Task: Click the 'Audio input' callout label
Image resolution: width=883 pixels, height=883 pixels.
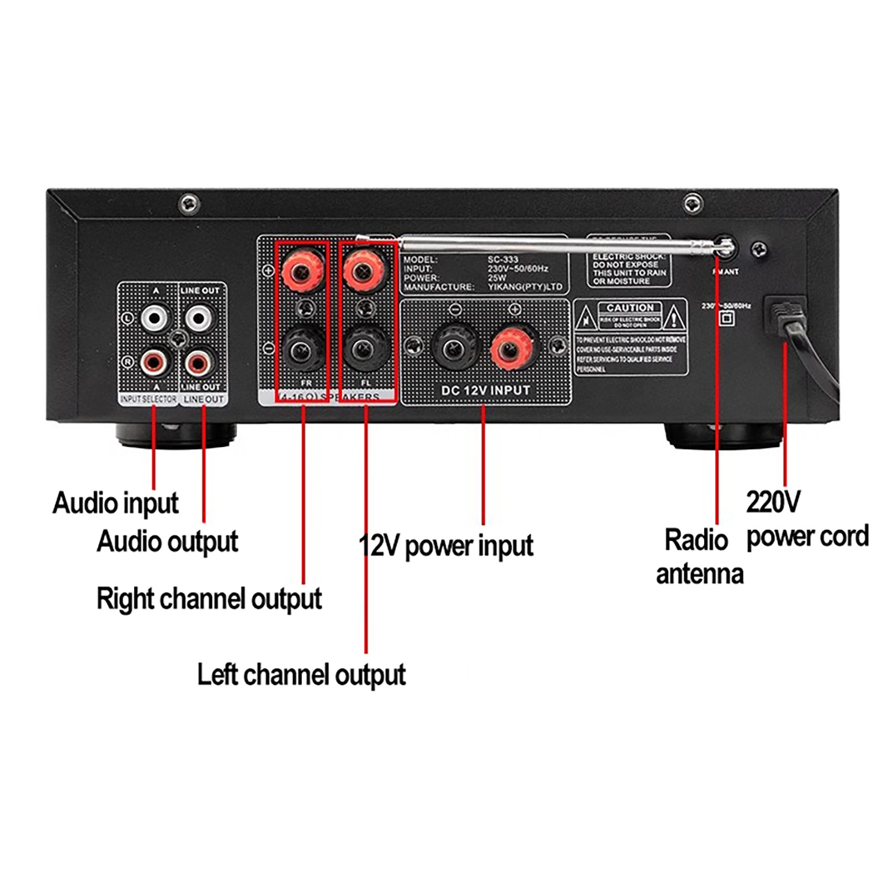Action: pos(115,503)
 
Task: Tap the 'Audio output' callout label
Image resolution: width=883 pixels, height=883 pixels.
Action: pos(167,541)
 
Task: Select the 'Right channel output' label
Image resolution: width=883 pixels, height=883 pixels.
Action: pos(209,599)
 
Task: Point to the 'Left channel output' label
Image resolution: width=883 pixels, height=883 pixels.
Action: pos(301,674)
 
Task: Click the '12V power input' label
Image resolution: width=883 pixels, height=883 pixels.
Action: pos(446,546)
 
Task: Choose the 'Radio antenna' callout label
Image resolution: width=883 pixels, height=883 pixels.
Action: pos(699,557)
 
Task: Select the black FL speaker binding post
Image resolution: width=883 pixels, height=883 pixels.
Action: pos(363,349)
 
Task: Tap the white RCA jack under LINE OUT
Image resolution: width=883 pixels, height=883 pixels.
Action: pos(198,318)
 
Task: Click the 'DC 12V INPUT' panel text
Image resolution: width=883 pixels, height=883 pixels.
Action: pos(485,391)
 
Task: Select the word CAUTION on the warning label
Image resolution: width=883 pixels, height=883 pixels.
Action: pos(630,308)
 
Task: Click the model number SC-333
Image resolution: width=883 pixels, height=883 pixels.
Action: pos(503,259)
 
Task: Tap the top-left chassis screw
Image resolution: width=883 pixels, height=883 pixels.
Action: pos(189,204)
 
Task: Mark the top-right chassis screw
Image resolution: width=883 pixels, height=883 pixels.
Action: pos(693,204)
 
